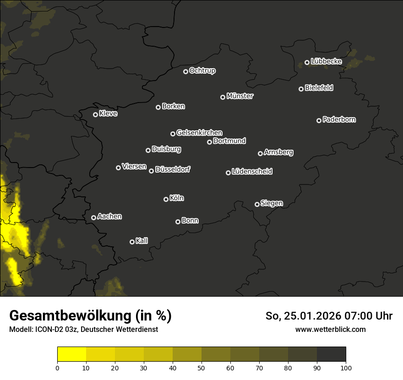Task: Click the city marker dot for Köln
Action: pyautogui.click(x=166, y=199)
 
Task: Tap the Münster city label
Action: pyautogui.click(x=240, y=96)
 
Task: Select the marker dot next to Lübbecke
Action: pyautogui.click(x=307, y=62)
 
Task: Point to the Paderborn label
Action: pyautogui.click(x=339, y=119)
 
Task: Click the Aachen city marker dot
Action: pyautogui.click(x=93, y=217)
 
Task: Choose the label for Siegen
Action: pyautogui.click(x=272, y=203)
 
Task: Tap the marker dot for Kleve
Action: pyautogui.click(x=95, y=114)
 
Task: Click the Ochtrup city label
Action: pyautogui.click(x=202, y=71)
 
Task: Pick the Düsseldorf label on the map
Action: pyautogui.click(x=173, y=169)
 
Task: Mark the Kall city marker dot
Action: pyautogui.click(x=132, y=242)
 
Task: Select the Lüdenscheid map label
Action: pyautogui.click(x=252, y=172)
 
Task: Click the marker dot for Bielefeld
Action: pyautogui.click(x=301, y=89)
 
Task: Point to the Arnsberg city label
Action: pyautogui.click(x=278, y=152)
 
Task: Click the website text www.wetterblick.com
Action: pyautogui.click(x=330, y=329)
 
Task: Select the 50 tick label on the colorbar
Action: pyautogui.click(x=201, y=367)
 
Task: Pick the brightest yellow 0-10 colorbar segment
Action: pyautogui.click(x=71, y=354)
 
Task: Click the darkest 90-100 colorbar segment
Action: pyautogui.click(x=331, y=354)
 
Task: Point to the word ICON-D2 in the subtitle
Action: pyautogui.click(x=48, y=330)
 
